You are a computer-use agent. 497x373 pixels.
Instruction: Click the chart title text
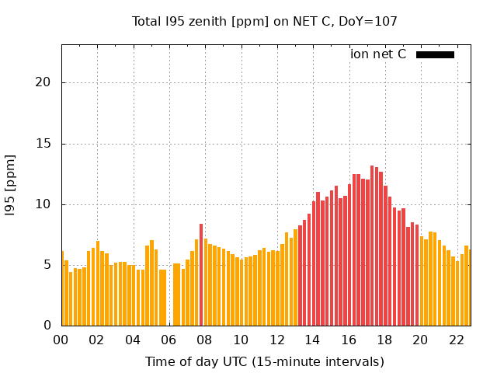point(264,22)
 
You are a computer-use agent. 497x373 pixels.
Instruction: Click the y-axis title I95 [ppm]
point(11,183)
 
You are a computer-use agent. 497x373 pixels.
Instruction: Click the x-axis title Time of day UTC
point(264,361)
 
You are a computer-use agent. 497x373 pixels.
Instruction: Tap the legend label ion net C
point(378,54)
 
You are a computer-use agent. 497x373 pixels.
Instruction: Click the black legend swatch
point(435,54)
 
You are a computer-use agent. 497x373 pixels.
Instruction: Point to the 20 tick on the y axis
point(47,83)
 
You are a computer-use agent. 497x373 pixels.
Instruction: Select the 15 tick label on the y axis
point(47,144)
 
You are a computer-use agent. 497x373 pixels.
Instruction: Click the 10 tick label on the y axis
point(47,204)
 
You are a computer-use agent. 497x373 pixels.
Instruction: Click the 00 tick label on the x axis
point(61,340)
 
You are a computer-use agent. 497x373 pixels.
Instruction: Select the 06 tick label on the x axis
point(169,340)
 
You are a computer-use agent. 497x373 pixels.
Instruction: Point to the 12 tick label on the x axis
point(276,340)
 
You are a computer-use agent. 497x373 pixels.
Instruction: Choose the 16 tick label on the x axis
point(349,340)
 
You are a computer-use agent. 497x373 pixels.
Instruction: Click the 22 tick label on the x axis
point(457,340)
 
